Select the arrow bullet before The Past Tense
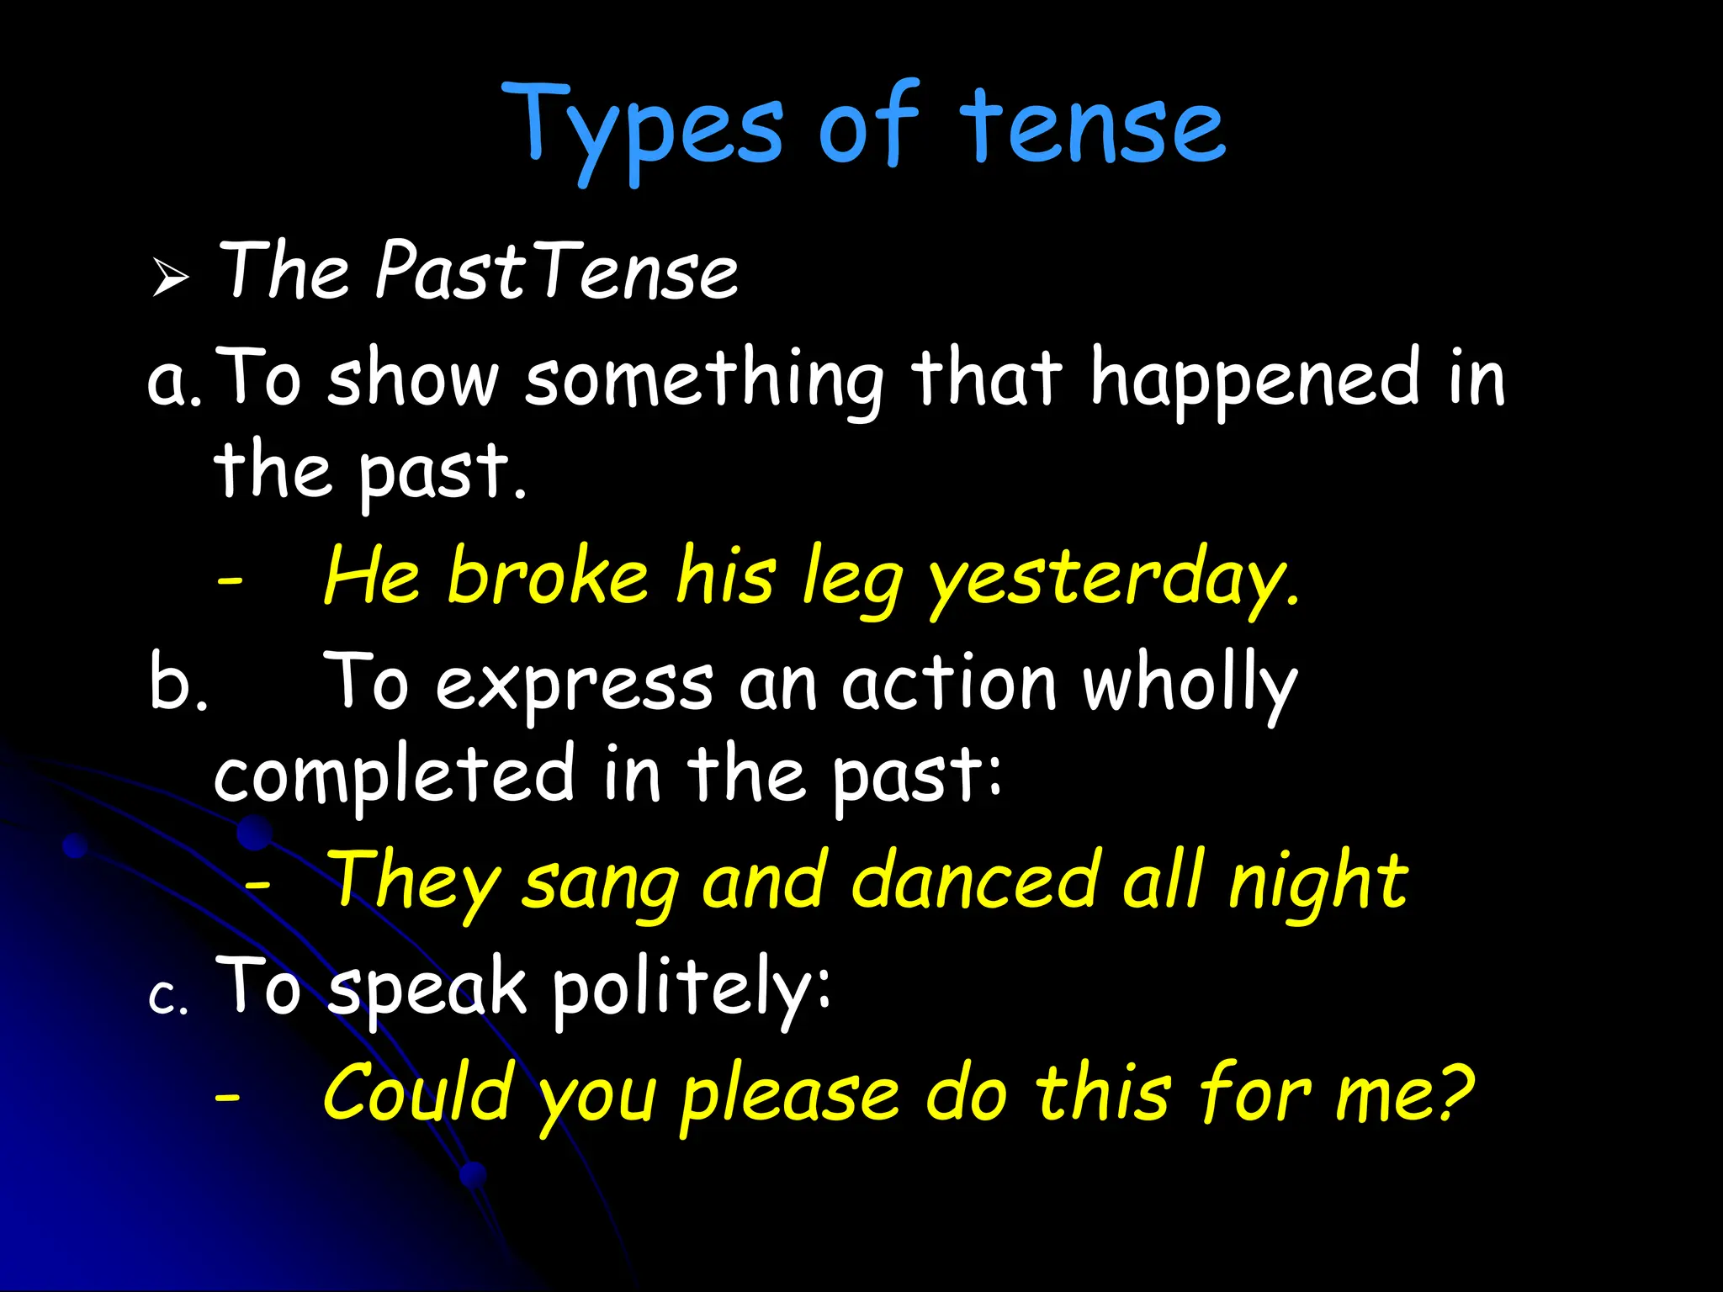point(171,277)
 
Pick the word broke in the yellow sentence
point(548,576)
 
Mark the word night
point(1317,883)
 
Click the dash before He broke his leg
point(229,580)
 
